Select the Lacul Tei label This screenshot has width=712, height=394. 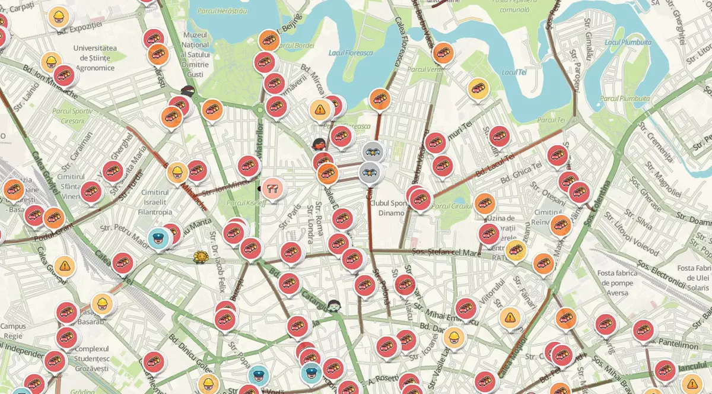[x=514, y=72]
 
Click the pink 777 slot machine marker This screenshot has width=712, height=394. [x=273, y=188]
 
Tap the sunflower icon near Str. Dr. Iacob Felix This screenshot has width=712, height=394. [x=201, y=257]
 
